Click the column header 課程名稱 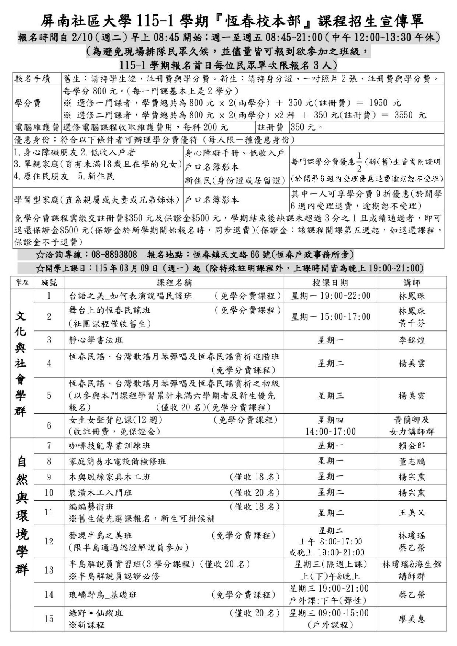coord(174,282)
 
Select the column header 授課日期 coord(330,282)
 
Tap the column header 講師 coord(412,282)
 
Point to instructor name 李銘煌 coord(412,340)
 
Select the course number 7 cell coord(49,445)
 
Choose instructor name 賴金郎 coord(412,446)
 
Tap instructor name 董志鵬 coord(412,462)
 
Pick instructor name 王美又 coord(412,513)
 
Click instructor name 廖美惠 coord(412,619)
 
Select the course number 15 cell coord(49,619)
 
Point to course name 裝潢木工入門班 coord(101,493)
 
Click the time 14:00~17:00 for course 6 coord(331,432)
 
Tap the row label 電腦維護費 coord(37,127)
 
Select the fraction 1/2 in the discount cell coord(359,162)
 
